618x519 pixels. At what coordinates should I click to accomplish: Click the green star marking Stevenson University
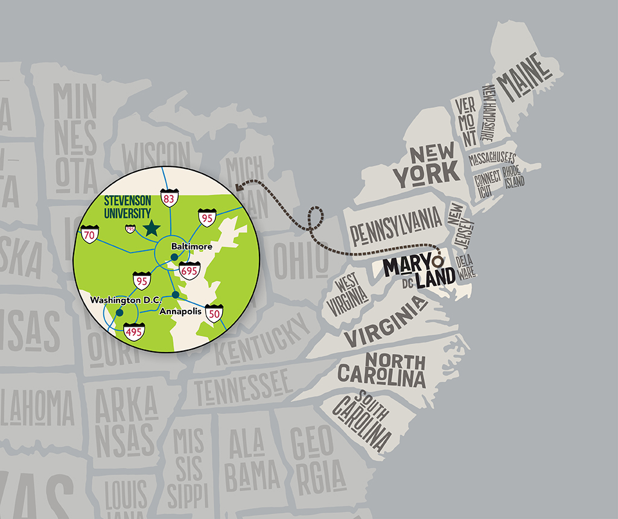pos(151,228)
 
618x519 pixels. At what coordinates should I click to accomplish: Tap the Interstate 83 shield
pos(169,198)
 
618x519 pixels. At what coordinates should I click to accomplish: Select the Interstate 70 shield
pos(89,235)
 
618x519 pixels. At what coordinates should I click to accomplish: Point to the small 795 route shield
pos(130,228)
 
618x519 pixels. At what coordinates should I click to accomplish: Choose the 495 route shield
pos(133,332)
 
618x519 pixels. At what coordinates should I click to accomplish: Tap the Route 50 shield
pos(215,313)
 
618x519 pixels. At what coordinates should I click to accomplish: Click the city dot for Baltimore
pos(174,257)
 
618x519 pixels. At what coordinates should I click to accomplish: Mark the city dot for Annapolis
pos(175,295)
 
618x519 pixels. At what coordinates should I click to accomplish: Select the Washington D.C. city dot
pos(119,312)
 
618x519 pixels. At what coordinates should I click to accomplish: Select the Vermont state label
pos(467,121)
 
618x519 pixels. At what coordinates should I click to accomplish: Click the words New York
pos(426,165)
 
